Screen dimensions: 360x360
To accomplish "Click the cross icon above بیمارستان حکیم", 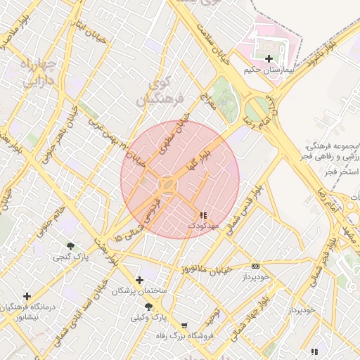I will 269,58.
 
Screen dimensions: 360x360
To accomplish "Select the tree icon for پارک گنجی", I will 71,245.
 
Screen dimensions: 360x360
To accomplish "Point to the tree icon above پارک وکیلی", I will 148,307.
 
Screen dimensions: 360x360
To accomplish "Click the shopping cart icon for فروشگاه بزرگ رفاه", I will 184,326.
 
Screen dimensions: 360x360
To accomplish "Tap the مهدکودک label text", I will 204,226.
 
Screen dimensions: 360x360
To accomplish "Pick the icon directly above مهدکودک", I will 203,215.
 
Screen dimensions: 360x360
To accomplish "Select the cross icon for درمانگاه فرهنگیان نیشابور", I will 27,296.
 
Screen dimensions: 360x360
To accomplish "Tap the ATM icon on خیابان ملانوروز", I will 255,266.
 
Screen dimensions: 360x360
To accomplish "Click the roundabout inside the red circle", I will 169,185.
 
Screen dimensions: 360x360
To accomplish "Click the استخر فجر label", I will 342,172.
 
